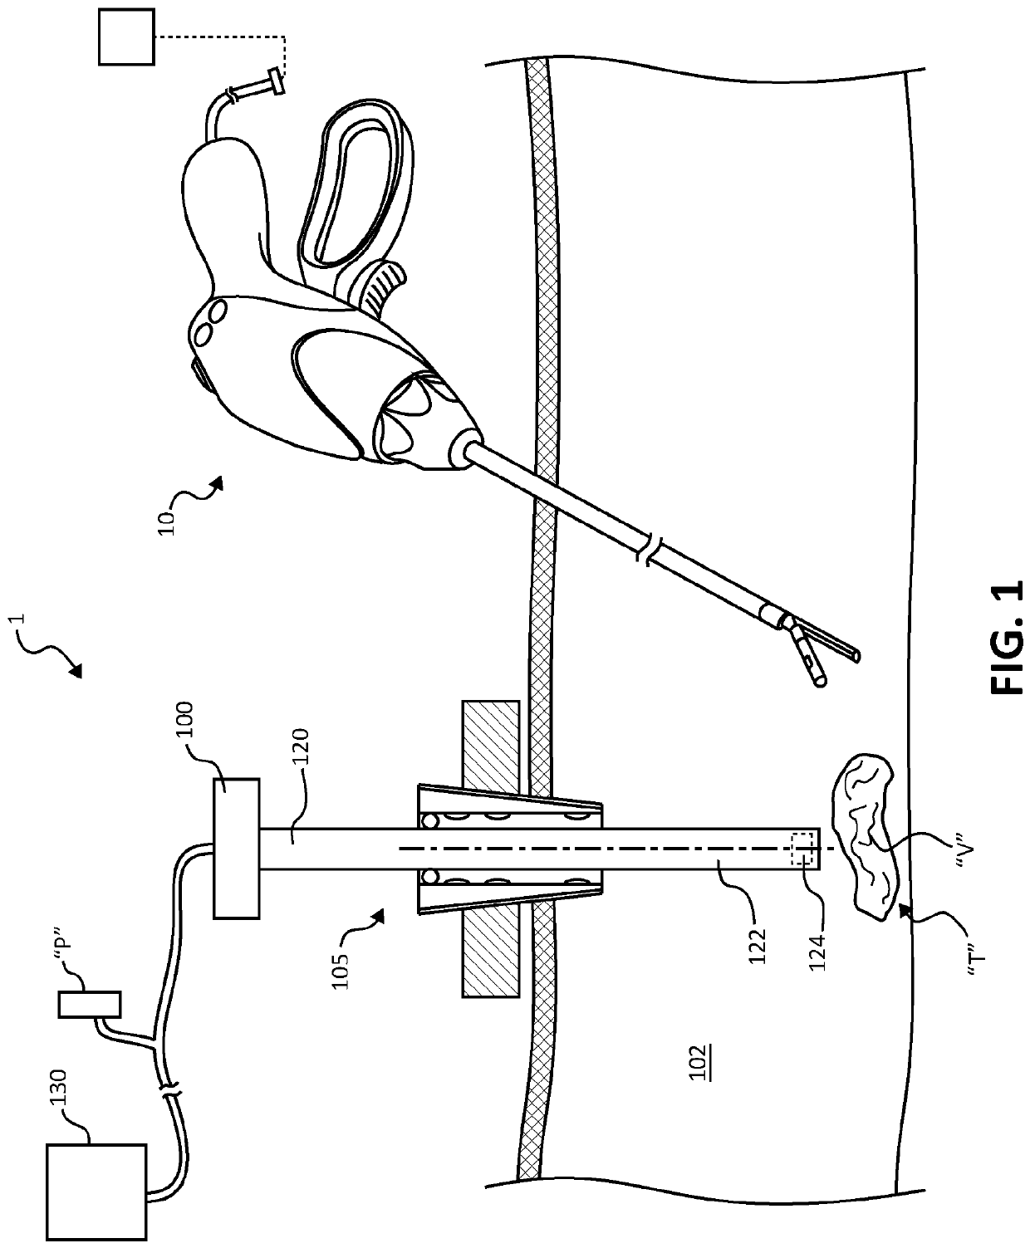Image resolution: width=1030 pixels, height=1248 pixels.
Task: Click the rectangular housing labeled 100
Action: [237, 848]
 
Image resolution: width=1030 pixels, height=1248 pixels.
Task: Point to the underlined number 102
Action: [699, 1059]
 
